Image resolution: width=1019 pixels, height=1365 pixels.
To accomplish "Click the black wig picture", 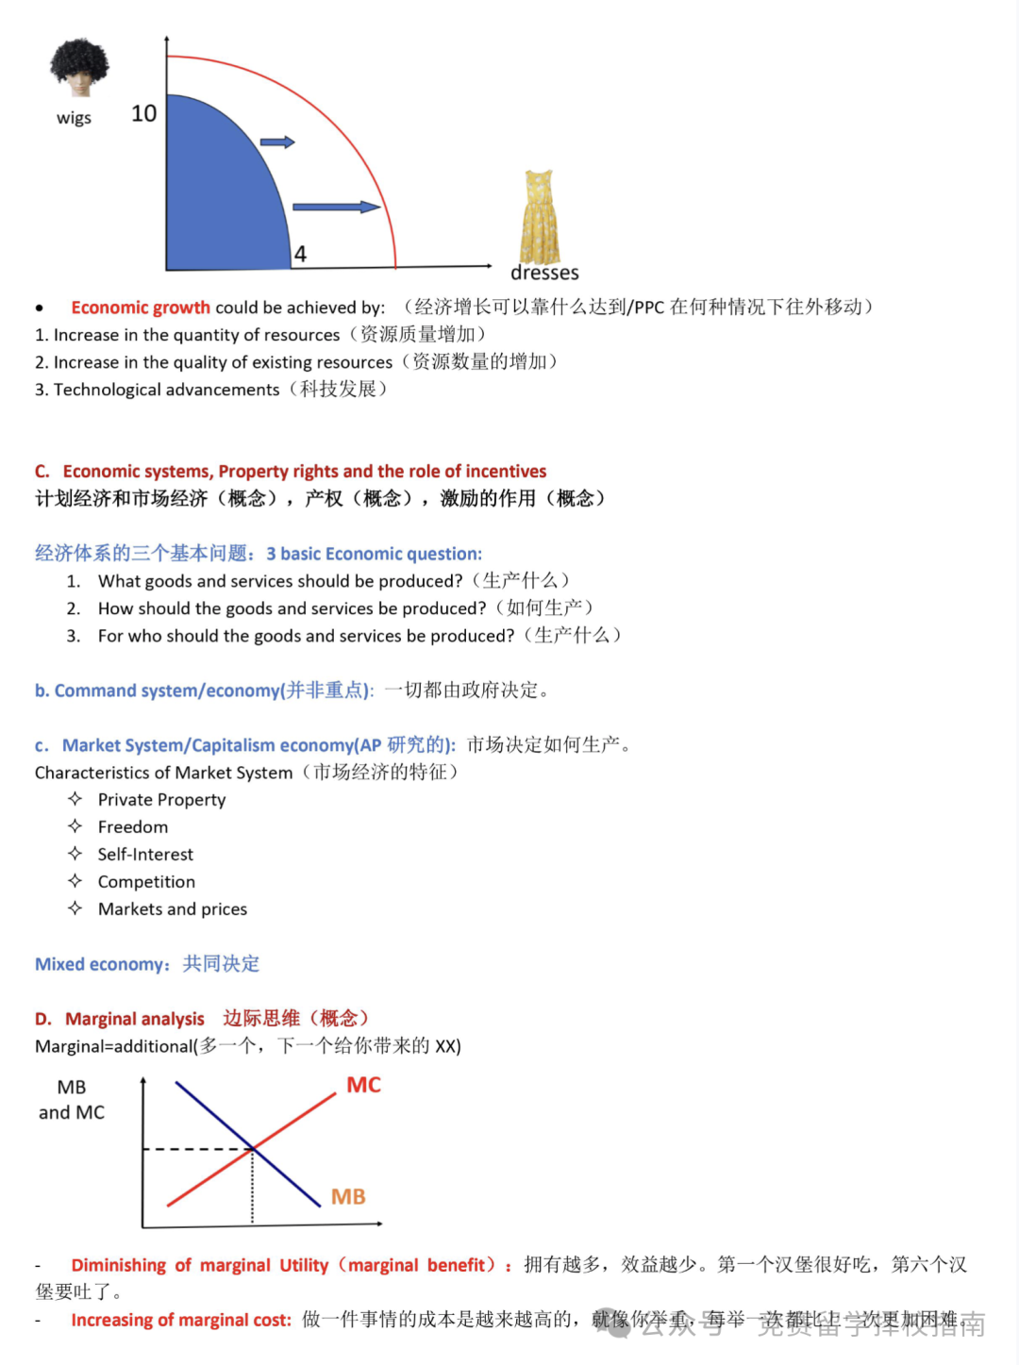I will coord(79,67).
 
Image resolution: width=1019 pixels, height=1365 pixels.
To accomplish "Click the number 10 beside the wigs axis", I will coord(143,114).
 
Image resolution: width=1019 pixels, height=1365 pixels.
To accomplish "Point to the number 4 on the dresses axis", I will coord(300,254).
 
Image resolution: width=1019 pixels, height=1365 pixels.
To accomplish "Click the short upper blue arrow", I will coord(277,142).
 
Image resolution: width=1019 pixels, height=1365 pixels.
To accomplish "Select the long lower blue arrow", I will coord(336,207).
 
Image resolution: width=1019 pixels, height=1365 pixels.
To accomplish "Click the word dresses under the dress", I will coord(544,273).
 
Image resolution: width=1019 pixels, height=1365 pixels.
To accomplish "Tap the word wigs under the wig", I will coord(74,118).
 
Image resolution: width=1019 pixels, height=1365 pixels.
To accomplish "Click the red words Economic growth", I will coord(141,308).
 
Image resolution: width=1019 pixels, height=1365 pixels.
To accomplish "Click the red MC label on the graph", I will coord(363,1085).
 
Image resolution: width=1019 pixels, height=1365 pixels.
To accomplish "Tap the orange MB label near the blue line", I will coord(348,1196).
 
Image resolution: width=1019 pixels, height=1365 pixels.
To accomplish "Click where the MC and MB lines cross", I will coord(252,1148).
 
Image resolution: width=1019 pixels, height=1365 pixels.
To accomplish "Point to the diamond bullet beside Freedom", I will coord(75,826).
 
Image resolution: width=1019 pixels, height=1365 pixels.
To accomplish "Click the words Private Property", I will coord(161,800).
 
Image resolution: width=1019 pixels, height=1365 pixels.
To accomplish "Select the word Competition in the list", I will coord(146,882).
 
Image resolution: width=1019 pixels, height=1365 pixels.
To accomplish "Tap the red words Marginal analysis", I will coord(134,1019).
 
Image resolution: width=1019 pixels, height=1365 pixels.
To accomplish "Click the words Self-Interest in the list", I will coord(145,855).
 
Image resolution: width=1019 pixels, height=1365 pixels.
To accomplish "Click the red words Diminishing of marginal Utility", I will coord(199,1265).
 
